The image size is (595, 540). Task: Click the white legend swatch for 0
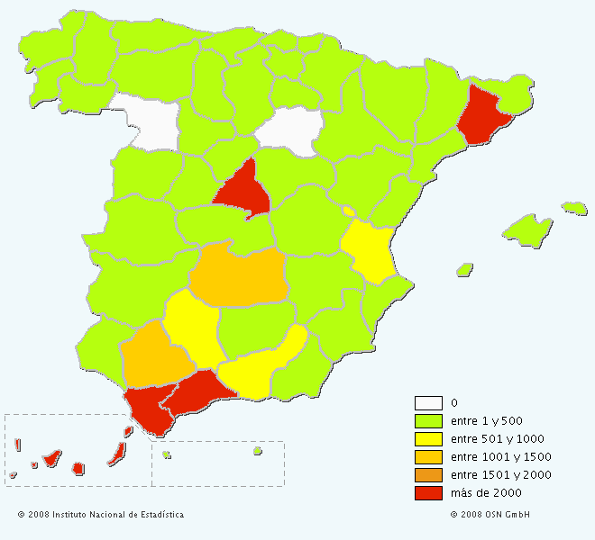click(x=428, y=403)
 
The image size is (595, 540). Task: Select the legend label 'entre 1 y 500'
click(x=487, y=421)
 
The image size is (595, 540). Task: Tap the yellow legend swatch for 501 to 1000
click(x=428, y=439)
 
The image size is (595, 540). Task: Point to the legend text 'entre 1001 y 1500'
click(x=500, y=457)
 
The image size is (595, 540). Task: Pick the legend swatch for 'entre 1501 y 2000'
click(x=428, y=475)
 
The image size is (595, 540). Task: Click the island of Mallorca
click(x=526, y=229)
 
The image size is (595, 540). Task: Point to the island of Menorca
click(x=574, y=208)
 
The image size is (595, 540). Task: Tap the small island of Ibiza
click(x=464, y=269)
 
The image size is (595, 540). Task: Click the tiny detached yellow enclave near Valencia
click(x=349, y=211)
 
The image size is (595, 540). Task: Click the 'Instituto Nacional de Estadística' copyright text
click(x=101, y=515)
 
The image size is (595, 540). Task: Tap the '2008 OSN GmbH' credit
click(x=490, y=515)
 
